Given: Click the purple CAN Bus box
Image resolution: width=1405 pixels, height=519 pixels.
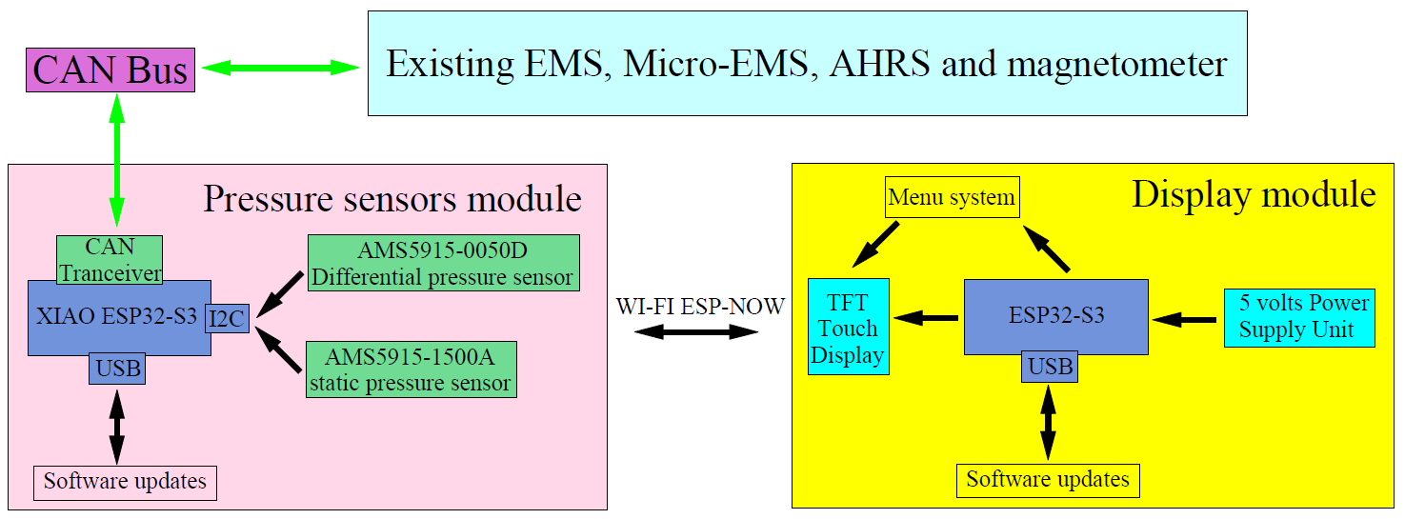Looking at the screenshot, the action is (110, 70).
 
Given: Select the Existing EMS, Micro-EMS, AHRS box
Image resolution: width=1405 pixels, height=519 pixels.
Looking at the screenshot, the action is (807, 63).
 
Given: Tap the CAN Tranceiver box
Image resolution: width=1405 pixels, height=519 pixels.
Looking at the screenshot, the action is (110, 259).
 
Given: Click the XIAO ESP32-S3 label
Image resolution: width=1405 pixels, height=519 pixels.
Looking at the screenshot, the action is (116, 316).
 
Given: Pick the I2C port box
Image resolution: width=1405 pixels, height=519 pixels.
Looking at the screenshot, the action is (227, 318).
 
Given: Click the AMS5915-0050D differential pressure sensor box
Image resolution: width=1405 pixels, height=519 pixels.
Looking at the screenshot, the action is (444, 263).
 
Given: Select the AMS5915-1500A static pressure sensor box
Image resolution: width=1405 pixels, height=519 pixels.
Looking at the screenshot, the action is (411, 369).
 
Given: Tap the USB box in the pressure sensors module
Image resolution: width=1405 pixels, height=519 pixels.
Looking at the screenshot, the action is (117, 368).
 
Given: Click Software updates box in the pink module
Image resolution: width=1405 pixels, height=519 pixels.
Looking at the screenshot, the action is (125, 483).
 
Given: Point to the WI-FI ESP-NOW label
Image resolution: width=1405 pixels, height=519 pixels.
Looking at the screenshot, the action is (700, 307).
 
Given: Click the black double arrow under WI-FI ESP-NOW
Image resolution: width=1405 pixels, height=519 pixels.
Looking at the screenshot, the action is (696, 331).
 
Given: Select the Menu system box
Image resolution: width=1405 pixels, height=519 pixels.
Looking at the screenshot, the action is (953, 197).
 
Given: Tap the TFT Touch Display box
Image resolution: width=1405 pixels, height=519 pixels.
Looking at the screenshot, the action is (849, 327).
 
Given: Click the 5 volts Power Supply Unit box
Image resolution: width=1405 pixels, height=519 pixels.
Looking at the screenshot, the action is (1299, 318).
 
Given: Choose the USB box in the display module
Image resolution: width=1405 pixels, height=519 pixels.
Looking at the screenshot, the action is (1050, 366).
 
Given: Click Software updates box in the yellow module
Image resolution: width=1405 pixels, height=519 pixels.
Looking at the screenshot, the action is (1048, 480).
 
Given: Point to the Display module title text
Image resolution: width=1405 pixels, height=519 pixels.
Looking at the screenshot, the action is (1254, 195).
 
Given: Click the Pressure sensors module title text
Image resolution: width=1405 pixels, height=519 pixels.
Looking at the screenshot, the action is (392, 199).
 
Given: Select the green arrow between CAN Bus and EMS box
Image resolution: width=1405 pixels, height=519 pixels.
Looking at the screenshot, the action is (281, 68).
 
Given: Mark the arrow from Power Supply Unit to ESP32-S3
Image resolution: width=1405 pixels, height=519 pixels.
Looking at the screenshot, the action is (1184, 320).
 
